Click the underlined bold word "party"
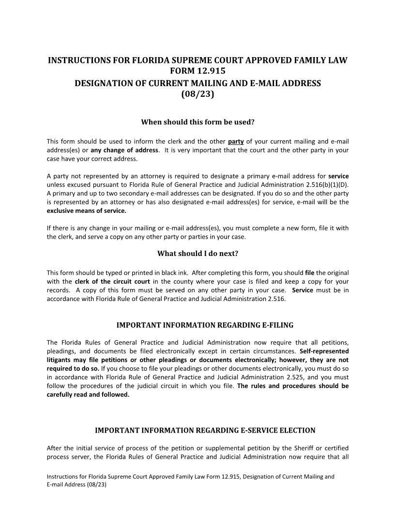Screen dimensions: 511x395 [236, 141]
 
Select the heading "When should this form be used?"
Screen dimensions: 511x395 [197, 122]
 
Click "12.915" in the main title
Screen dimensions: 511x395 [212, 72]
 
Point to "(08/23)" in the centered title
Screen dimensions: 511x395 [197, 94]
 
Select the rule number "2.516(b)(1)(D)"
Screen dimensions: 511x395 [325, 185]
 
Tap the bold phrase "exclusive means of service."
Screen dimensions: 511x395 [80, 211]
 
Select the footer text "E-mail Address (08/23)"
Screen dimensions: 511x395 [76, 484]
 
